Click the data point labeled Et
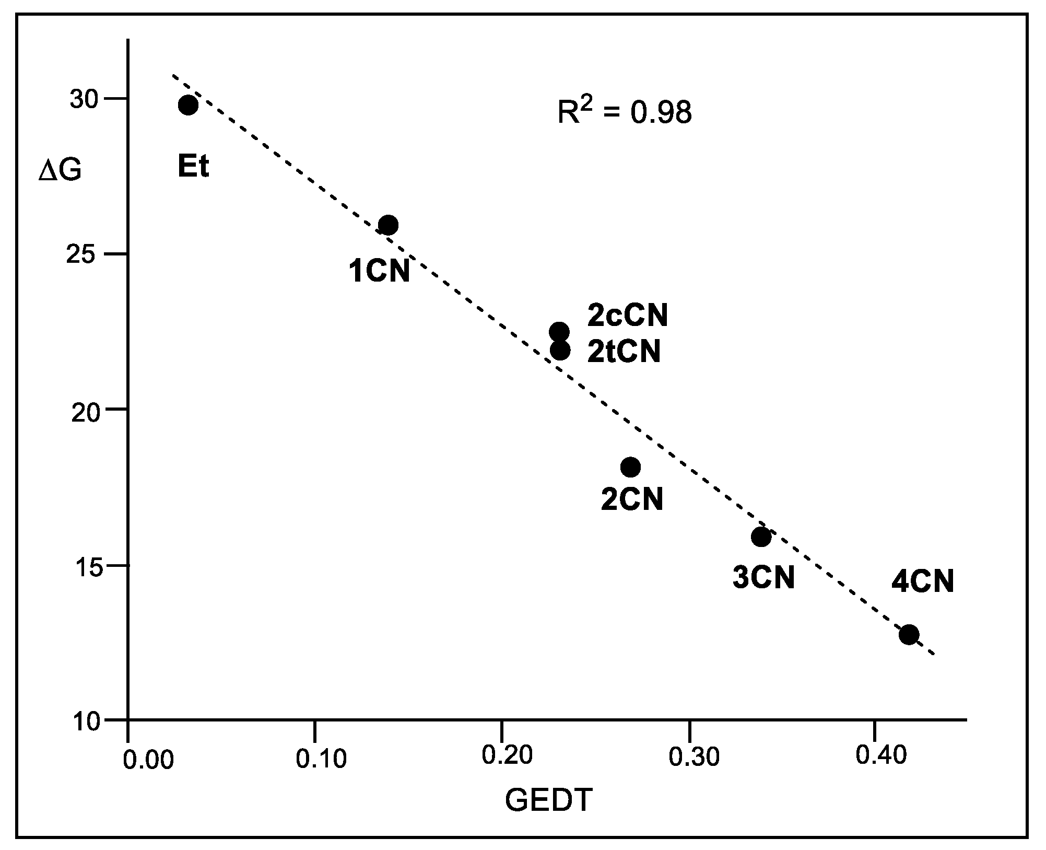click(188, 105)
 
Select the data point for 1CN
click(388, 225)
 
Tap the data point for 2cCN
click(559, 331)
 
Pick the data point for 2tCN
click(560, 350)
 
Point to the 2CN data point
click(630, 467)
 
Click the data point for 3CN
click(761, 537)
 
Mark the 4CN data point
click(909, 635)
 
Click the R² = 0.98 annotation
click(625, 112)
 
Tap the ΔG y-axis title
click(60, 171)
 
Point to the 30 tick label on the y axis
click(84, 100)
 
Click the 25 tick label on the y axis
click(84, 255)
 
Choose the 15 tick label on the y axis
click(84, 567)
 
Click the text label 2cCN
click(628, 316)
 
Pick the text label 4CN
click(923, 581)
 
